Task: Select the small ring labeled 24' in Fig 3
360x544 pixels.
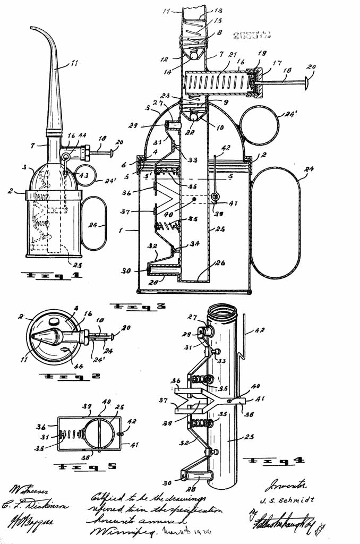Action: click(x=260, y=128)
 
